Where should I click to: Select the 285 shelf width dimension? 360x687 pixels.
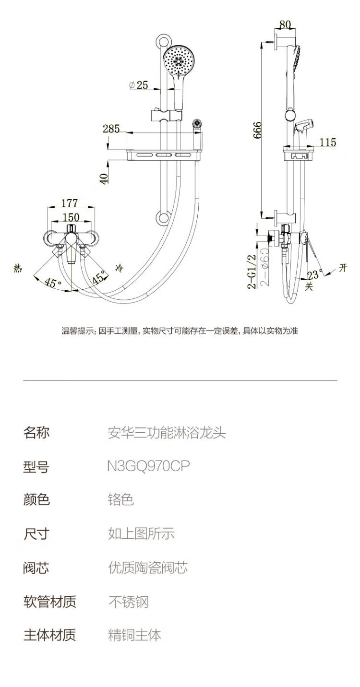pyautogui.click(x=111, y=128)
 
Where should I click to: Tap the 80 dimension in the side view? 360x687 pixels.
pyautogui.click(x=285, y=24)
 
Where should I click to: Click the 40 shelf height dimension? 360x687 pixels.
pyautogui.click(x=104, y=177)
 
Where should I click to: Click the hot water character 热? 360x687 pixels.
pyautogui.click(x=18, y=269)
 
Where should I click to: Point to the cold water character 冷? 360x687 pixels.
pyautogui.click(x=119, y=266)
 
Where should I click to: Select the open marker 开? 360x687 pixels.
pyautogui.click(x=343, y=268)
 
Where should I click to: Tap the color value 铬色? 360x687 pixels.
pyautogui.click(x=120, y=499)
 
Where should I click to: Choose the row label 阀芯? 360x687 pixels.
pyautogui.click(x=36, y=568)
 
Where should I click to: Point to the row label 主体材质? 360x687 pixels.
pyautogui.click(x=49, y=635)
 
